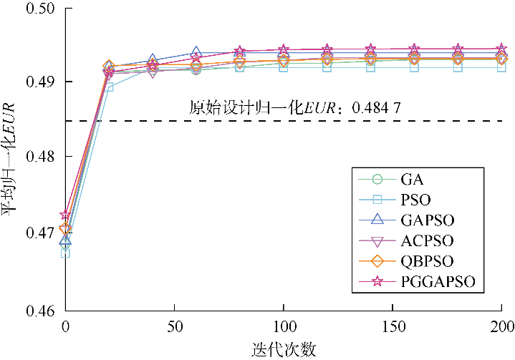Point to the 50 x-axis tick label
[174, 327]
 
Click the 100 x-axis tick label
[284, 327]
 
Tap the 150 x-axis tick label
[393, 327]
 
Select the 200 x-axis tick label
[501, 327]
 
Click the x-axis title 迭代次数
[284, 349]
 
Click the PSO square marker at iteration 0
[65, 253]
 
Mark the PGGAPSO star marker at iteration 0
[66, 215]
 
